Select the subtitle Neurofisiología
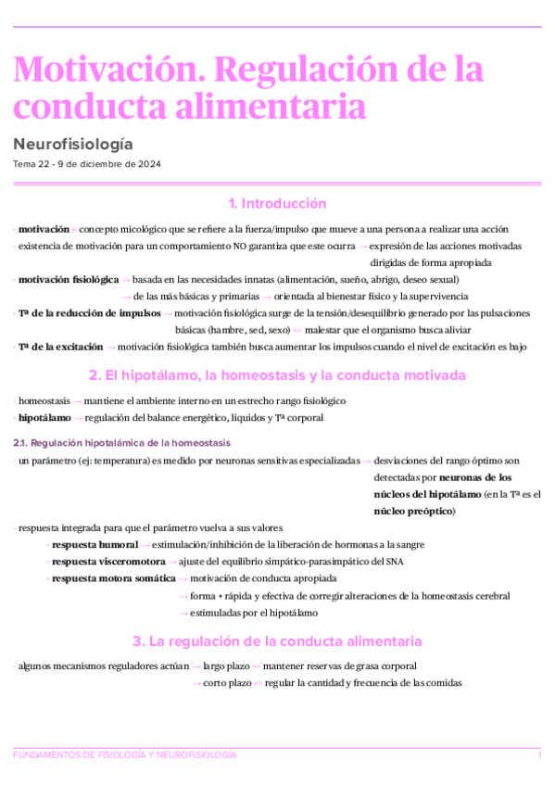click(73, 144)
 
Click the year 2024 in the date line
click(148, 164)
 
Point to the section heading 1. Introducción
click(277, 204)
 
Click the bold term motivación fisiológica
click(68, 279)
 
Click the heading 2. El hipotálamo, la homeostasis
click(277, 375)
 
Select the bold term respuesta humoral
click(95, 544)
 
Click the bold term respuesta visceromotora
click(108, 562)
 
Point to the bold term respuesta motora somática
click(113, 578)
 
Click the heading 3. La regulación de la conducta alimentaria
click(277, 640)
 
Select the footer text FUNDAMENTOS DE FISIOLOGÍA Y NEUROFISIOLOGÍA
click(125, 755)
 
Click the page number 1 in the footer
click(539, 755)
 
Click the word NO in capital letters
click(239, 246)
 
